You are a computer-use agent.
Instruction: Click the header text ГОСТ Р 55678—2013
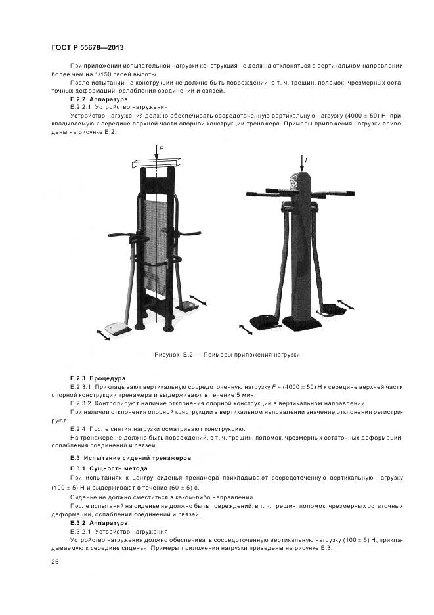87,49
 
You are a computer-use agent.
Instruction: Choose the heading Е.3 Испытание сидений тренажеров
131,457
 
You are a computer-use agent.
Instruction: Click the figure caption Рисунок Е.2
227,354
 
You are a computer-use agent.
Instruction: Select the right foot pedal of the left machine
189,304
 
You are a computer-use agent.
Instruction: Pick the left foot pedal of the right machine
267,320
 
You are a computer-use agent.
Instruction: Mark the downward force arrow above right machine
301,164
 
